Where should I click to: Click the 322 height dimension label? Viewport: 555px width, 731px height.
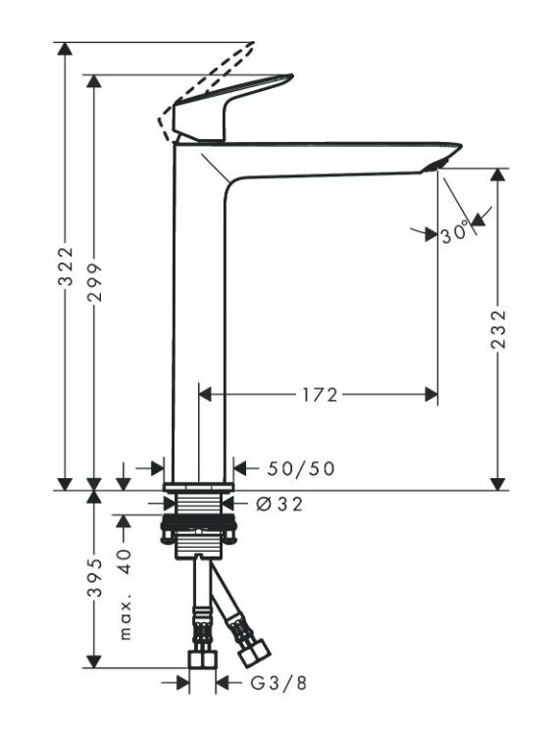click(x=66, y=266)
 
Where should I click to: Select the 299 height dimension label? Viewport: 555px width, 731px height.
click(x=95, y=281)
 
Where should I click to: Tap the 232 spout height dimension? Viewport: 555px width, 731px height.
click(x=499, y=329)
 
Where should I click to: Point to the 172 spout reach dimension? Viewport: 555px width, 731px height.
click(x=319, y=394)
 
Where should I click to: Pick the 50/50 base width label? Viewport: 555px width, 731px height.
click(x=300, y=469)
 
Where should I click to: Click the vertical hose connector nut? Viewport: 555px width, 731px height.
click(x=201, y=658)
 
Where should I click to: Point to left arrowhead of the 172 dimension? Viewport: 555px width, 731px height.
click(x=206, y=394)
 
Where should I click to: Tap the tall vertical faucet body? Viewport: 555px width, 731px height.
click(x=199, y=323)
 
